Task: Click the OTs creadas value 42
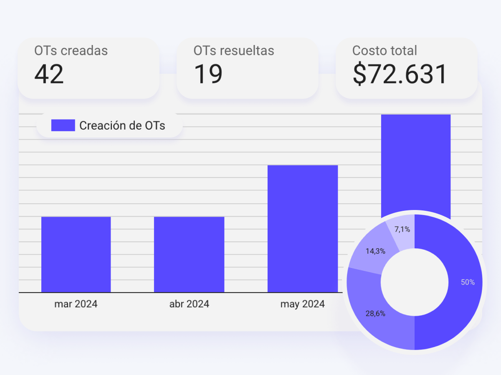(x=49, y=75)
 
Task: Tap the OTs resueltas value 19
(x=208, y=75)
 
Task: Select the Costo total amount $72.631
(x=400, y=75)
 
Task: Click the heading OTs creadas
(x=71, y=51)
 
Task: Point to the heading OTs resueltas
(x=234, y=51)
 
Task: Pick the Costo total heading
(x=385, y=51)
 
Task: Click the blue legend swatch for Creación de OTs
(x=63, y=125)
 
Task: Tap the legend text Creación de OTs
(x=122, y=125)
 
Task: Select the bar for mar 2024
(x=76, y=254)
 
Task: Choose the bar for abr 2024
(x=189, y=254)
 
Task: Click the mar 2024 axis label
(x=76, y=304)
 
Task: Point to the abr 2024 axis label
(x=189, y=304)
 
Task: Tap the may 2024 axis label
(x=303, y=304)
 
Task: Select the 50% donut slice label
(x=468, y=282)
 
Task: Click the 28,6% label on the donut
(x=375, y=314)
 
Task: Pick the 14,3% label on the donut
(x=375, y=251)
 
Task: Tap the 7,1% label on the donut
(x=402, y=229)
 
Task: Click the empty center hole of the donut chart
(x=414, y=282)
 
